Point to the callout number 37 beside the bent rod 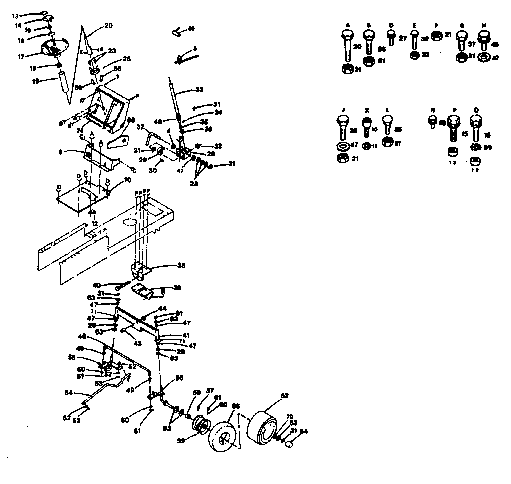(140, 127)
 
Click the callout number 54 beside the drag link (69, 393)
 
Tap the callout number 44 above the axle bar (162, 309)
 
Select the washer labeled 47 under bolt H (483, 58)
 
